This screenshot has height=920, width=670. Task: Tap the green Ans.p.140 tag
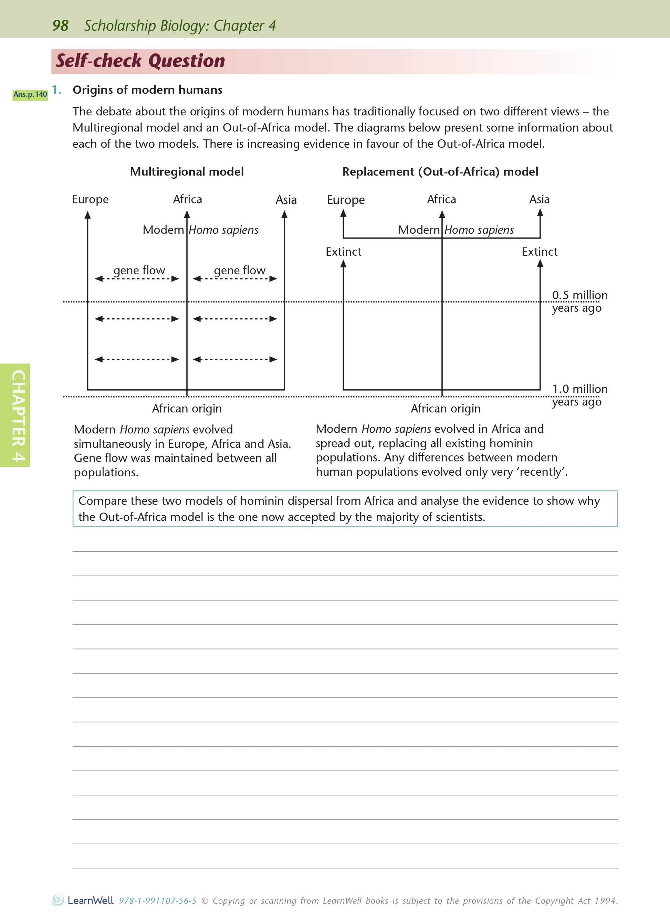pyautogui.click(x=30, y=95)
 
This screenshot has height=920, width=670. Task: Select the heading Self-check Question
pyautogui.click(x=140, y=61)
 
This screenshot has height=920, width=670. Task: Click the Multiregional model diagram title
pyautogui.click(x=187, y=172)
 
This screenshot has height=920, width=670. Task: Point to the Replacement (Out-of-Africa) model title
pyautogui.click(x=440, y=172)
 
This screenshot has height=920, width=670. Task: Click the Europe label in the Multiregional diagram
pyautogui.click(x=90, y=200)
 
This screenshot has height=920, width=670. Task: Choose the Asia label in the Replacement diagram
pyautogui.click(x=539, y=199)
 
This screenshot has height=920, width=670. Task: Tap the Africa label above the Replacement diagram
pyautogui.click(x=441, y=199)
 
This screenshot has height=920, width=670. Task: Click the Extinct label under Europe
pyautogui.click(x=343, y=252)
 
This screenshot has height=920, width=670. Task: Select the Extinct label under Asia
pyautogui.click(x=539, y=252)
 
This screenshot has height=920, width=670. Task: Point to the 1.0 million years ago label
pyautogui.click(x=579, y=395)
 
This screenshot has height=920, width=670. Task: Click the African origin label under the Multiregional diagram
pyautogui.click(x=187, y=409)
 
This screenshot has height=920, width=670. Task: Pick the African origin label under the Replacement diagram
pyautogui.click(x=446, y=409)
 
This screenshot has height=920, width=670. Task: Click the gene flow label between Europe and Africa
pyautogui.click(x=139, y=270)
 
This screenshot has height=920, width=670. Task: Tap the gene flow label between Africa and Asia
pyautogui.click(x=239, y=270)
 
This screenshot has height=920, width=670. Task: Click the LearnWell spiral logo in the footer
pyautogui.click(x=58, y=900)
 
